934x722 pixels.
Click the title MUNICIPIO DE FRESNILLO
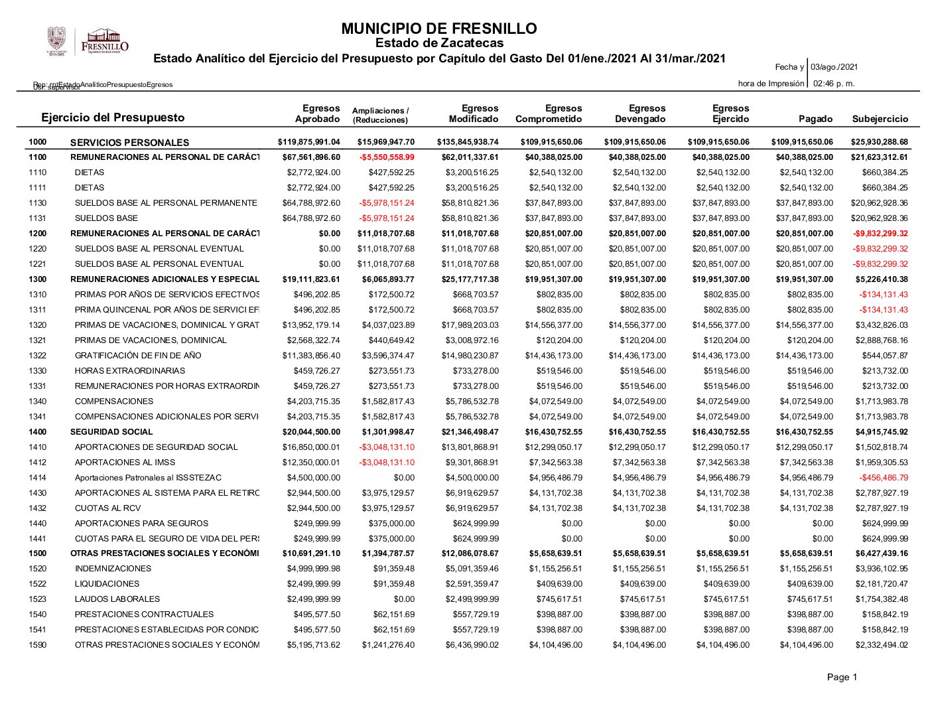click(438, 29)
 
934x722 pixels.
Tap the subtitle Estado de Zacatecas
click(439, 43)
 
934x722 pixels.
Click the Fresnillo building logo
click(105, 41)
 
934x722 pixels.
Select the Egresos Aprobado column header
click(318, 113)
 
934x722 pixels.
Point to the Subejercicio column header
click(880, 119)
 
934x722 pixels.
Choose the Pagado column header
click(815, 119)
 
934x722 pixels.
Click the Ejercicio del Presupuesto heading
click(113, 117)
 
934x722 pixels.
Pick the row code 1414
click(38, 478)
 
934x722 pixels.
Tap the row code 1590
click(38, 645)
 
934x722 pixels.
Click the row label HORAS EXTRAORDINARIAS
click(130, 371)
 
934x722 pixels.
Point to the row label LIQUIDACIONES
click(107, 584)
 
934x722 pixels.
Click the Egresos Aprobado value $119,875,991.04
click(308, 142)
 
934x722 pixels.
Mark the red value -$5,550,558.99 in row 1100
click(387, 157)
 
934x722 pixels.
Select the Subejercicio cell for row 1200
click(880, 234)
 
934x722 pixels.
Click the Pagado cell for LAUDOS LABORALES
click(806, 599)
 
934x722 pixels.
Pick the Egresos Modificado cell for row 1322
click(470, 356)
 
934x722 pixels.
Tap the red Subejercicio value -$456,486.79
click(884, 478)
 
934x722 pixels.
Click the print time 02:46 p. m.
click(834, 84)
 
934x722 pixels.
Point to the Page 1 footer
click(842, 678)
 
